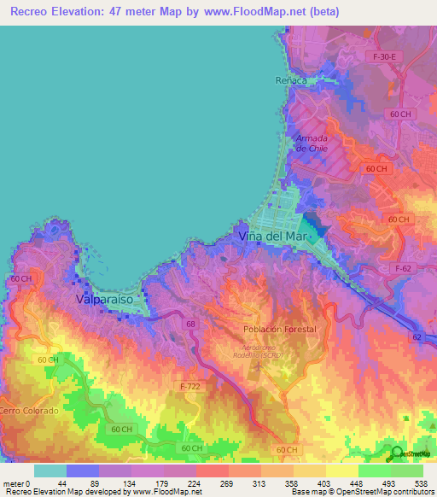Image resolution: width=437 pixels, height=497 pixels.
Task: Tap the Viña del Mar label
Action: pos(272,236)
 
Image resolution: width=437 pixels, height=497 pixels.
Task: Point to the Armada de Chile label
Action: pos(312,143)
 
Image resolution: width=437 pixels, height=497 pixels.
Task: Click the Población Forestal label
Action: pos(278,329)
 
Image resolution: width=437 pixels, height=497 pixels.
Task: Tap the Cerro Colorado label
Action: pos(29,411)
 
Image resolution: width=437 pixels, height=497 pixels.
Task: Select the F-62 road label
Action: pos(405,268)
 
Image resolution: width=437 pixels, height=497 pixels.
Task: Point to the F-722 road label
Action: pos(192,386)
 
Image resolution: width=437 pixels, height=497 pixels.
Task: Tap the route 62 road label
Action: pos(416,337)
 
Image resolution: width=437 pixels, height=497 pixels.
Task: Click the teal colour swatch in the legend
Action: pos(50,471)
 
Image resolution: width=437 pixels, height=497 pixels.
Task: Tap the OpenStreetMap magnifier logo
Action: pos(395,453)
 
